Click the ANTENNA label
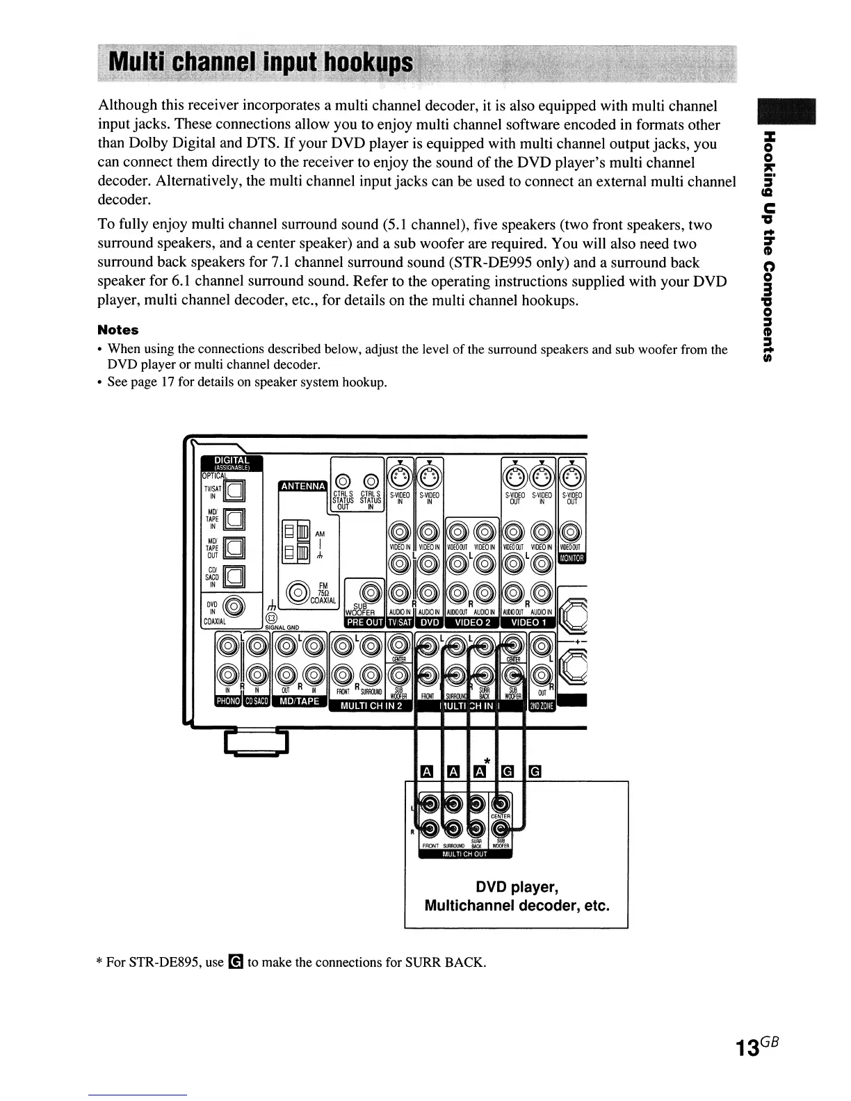pos(301,486)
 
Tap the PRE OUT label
pos(365,622)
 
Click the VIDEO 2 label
pos(472,622)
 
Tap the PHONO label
pos(227,701)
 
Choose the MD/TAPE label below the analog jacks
pos(299,701)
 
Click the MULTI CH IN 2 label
pos(371,706)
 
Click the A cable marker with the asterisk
pos(480,772)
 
